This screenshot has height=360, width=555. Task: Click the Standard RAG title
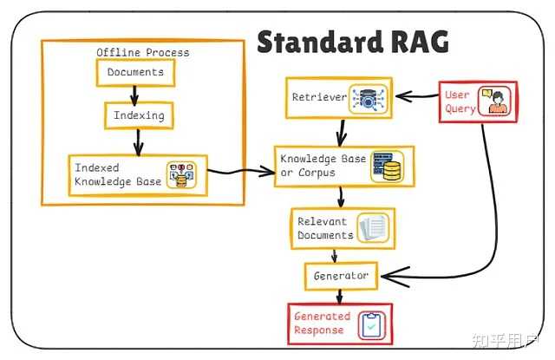point(353,41)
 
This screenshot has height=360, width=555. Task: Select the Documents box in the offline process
point(134,73)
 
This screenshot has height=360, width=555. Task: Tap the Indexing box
point(134,115)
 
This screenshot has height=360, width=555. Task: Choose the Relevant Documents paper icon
point(374,227)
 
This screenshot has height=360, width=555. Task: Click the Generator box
point(342,276)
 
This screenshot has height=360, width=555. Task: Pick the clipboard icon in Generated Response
point(373,324)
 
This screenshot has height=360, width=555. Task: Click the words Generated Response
point(322,324)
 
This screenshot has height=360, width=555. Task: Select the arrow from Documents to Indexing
point(134,94)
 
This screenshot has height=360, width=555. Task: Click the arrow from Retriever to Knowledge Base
point(342,130)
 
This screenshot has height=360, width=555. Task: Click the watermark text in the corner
point(506,338)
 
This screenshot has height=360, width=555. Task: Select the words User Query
point(460,101)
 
